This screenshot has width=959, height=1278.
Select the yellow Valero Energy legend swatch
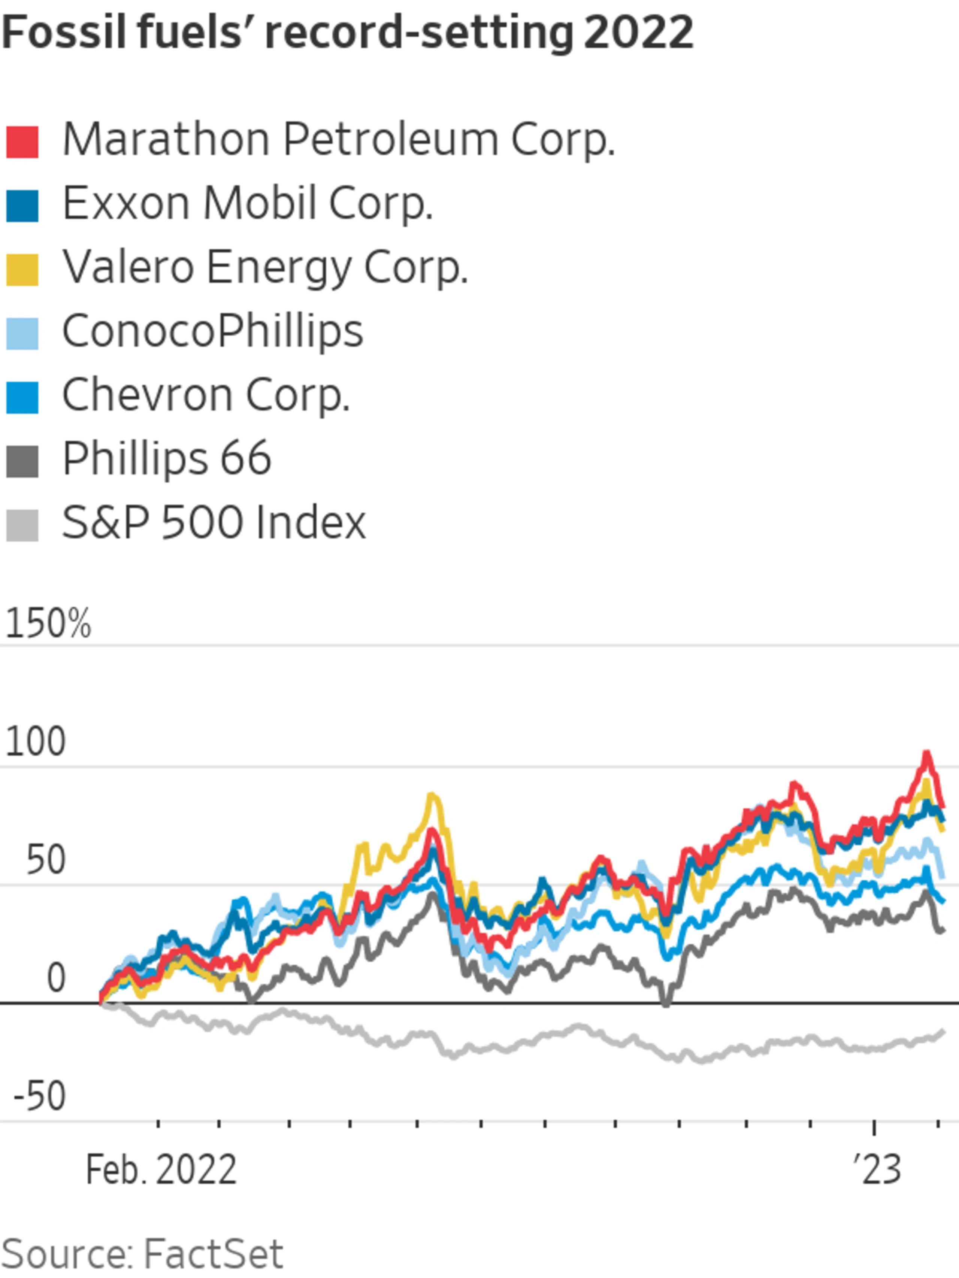pos(22,270)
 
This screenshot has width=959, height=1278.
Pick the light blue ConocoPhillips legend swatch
pos(22,334)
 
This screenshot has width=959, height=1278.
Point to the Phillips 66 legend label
pos(166,459)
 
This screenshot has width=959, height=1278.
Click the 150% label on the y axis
pos(48,625)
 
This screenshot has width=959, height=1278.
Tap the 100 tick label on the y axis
pos(35,743)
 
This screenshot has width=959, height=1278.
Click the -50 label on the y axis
pos(39,1097)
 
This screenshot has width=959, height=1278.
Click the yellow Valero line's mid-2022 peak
pos(431,796)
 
